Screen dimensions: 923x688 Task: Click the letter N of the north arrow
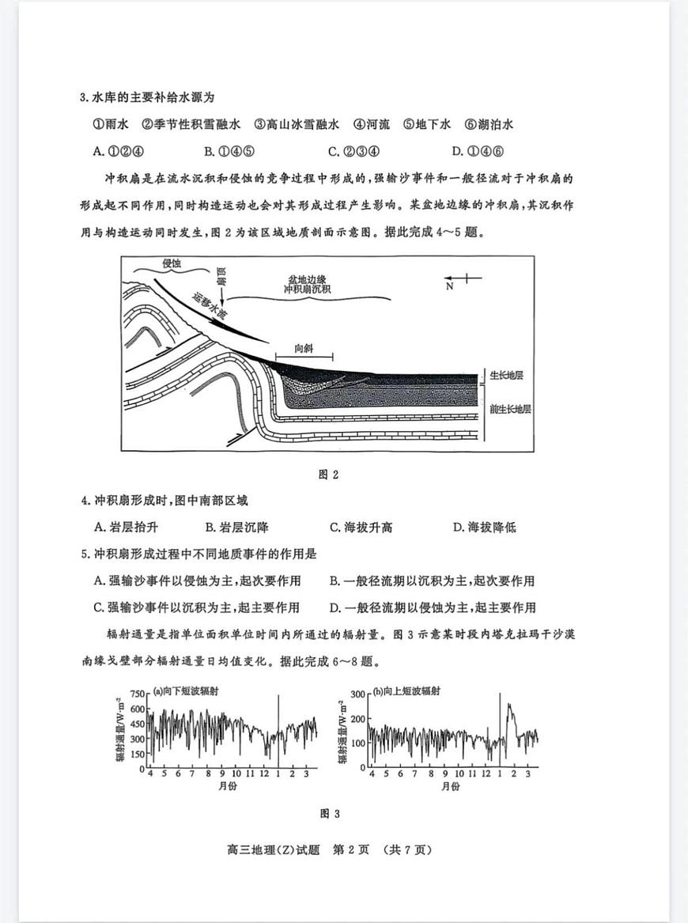pos(450,286)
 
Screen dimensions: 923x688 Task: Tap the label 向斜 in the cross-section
pos(304,348)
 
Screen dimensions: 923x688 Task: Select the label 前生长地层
pos(510,409)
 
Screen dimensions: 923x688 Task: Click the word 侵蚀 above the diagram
pos(172,263)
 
